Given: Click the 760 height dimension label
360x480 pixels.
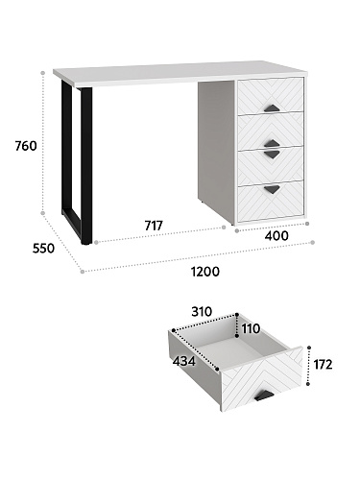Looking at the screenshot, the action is click(x=26, y=146).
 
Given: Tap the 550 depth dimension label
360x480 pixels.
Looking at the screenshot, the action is click(x=43, y=249).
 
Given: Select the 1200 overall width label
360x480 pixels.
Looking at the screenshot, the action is click(x=205, y=272).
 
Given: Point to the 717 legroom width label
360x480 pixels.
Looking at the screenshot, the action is click(x=154, y=226).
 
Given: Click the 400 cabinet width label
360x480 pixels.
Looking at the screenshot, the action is click(x=276, y=236).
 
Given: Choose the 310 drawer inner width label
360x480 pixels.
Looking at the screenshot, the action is click(x=202, y=311).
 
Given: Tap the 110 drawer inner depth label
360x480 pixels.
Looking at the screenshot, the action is click(x=251, y=328).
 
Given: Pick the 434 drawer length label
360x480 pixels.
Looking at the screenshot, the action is click(x=183, y=361).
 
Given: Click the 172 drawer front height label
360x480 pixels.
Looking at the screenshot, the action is click(x=323, y=365).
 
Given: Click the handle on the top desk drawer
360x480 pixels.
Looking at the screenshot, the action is click(x=272, y=108).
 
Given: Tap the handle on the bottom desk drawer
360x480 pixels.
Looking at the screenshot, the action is click(x=272, y=189).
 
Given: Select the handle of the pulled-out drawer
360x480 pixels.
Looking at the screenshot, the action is click(x=264, y=396).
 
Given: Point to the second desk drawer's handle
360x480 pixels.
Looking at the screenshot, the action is click(x=272, y=143).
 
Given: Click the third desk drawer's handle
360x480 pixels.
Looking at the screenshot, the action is click(x=272, y=155).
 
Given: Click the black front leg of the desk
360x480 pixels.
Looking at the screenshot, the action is click(x=86, y=166).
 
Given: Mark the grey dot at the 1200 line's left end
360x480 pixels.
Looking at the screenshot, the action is click(x=83, y=272).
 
